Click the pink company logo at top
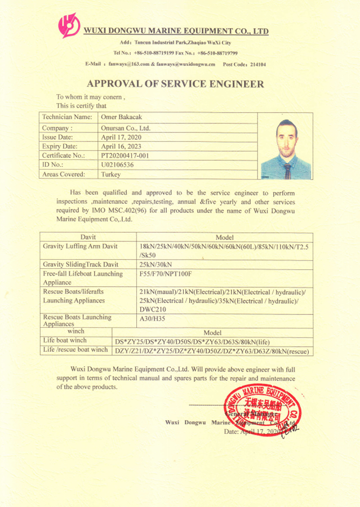69,25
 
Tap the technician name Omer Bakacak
122,117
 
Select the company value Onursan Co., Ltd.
125,128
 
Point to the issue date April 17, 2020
121,137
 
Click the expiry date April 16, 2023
121,146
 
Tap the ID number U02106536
117,164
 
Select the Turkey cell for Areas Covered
111,175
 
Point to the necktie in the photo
287,171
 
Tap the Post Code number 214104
258,65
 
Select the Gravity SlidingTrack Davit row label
81,264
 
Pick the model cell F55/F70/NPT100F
166,274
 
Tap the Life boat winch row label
65,341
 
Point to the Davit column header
88,238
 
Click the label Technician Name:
66,117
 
